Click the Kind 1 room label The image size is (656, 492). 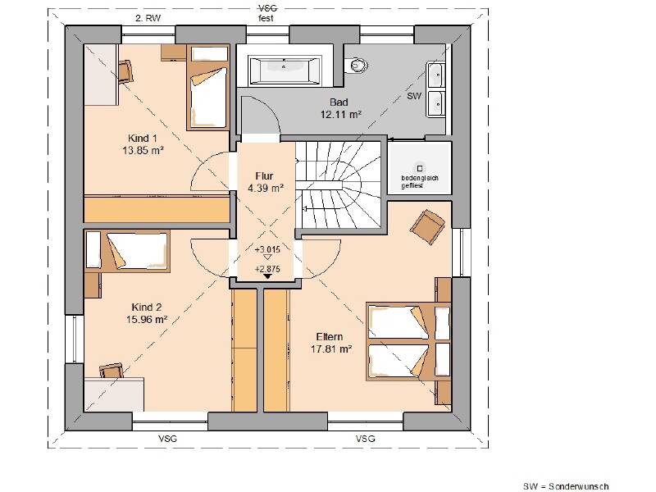click(142, 138)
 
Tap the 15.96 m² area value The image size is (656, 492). click(147, 320)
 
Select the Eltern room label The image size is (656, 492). click(330, 337)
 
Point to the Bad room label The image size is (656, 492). click(339, 102)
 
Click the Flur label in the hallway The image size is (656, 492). click(264, 176)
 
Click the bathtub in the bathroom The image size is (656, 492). click(285, 70)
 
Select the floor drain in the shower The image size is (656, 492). click(420, 168)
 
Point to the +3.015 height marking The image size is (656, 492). click(267, 250)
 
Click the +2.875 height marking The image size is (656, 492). click(267, 269)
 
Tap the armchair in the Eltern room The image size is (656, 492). click(427, 227)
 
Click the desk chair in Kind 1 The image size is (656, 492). click(125, 71)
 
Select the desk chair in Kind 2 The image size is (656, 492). click(112, 371)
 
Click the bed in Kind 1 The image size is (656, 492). click(208, 87)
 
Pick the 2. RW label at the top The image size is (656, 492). click(148, 18)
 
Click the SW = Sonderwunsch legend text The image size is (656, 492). click(566, 486)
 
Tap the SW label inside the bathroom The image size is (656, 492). click(414, 96)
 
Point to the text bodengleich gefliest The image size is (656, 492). click(420, 181)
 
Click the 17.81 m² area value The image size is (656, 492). click(331, 349)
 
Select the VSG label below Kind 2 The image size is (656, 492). click(167, 439)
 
